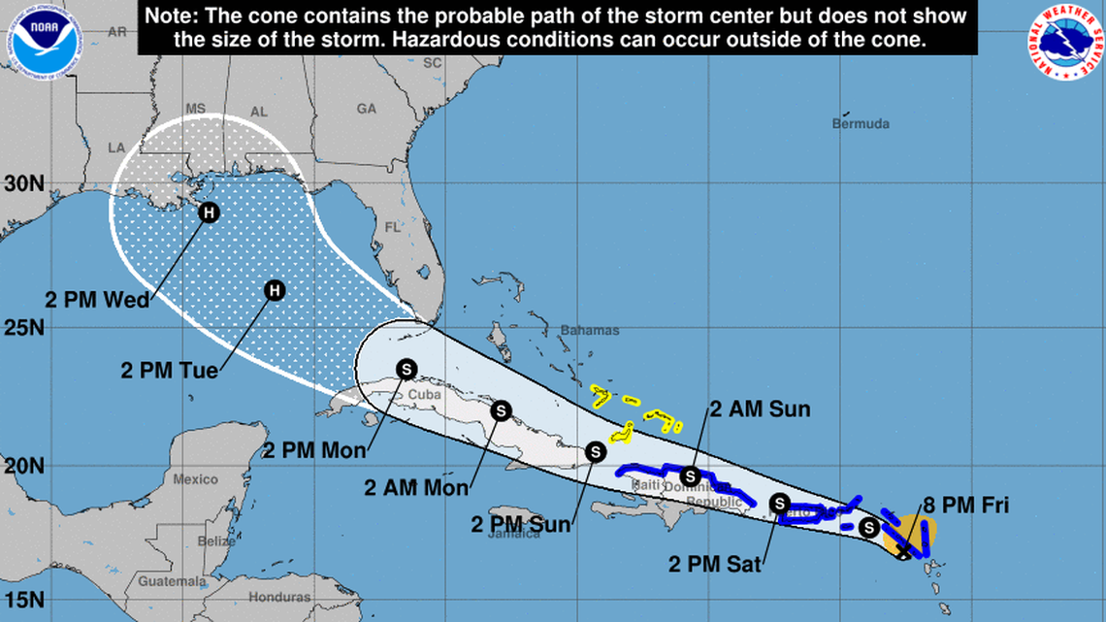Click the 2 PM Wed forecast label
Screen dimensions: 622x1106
[x=97, y=300]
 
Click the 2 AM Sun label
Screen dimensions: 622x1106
[x=761, y=409]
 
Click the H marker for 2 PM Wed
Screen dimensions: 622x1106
[x=207, y=213]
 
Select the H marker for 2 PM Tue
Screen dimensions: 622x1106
[x=275, y=289]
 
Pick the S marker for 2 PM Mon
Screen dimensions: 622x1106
[x=407, y=369]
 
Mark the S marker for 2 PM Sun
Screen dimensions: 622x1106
[x=596, y=451]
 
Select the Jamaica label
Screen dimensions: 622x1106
[x=513, y=534]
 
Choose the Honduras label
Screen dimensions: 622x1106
[x=277, y=598]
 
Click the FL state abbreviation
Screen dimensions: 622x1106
[x=392, y=228]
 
